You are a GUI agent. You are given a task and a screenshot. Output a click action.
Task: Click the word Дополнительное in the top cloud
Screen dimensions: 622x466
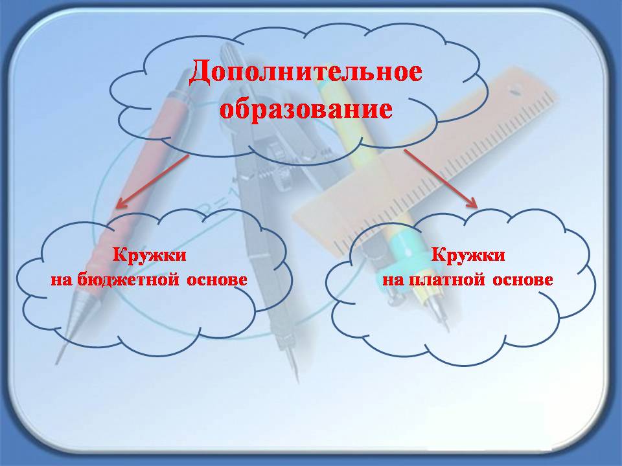(305, 72)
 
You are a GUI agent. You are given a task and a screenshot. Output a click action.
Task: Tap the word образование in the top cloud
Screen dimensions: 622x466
(306, 109)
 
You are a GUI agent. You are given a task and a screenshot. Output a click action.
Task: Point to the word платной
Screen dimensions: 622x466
(446, 280)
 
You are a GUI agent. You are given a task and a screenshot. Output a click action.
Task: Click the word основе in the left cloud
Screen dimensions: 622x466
(217, 280)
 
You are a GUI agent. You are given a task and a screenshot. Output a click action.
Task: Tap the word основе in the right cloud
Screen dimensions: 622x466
(523, 280)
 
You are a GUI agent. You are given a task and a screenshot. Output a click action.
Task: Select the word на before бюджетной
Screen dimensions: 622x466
(61, 280)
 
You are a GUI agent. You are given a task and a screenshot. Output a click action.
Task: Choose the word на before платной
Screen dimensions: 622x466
(393, 280)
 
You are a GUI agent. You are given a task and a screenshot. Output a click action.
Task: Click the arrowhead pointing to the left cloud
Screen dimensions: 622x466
(121, 203)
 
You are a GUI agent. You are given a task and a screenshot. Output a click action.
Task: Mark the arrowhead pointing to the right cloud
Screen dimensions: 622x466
(472, 203)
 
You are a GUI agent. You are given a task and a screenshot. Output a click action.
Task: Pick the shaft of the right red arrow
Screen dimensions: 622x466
(439, 177)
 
